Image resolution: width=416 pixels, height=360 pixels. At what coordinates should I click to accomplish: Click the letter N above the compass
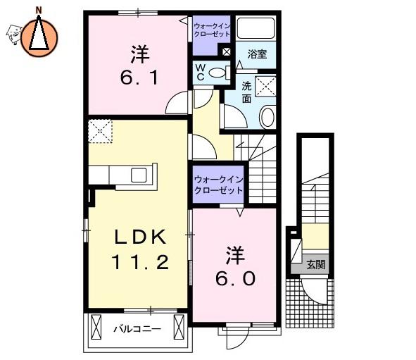(x=39, y=11)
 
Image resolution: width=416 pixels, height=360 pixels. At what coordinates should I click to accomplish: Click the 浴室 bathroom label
(x=257, y=54)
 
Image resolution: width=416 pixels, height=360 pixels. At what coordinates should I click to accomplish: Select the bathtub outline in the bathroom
(x=256, y=28)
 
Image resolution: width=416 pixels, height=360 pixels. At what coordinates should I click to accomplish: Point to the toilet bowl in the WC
(x=218, y=73)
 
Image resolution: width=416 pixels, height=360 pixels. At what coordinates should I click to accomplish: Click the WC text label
(x=201, y=73)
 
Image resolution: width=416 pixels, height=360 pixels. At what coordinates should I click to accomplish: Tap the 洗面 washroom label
(x=246, y=92)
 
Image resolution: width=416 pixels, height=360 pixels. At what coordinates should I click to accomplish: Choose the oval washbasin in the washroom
(x=267, y=116)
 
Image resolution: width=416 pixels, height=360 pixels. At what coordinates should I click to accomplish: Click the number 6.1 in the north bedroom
(x=139, y=77)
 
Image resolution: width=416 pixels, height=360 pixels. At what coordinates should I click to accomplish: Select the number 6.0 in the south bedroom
(x=235, y=279)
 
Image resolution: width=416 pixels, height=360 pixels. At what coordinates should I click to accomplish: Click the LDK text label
(x=140, y=237)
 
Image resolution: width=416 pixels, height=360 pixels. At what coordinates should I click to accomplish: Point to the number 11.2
(x=140, y=262)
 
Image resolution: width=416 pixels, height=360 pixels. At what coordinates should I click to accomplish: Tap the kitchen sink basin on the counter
(x=139, y=175)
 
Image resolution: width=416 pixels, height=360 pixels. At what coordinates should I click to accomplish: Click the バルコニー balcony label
(x=137, y=329)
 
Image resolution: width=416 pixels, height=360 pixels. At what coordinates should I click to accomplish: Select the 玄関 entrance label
(x=316, y=264)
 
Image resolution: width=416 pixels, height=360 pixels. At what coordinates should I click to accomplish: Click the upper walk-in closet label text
(x=212, y=30)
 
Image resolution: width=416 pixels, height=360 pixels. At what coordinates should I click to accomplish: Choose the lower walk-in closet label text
(x=218, y=185)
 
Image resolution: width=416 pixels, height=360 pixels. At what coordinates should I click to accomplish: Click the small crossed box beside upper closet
(x=226, y=51)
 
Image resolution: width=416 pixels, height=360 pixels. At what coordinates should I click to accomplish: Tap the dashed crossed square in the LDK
(x=100, y=131)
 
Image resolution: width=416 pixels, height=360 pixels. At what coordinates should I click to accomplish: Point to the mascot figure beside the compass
(x=13, y=35)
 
